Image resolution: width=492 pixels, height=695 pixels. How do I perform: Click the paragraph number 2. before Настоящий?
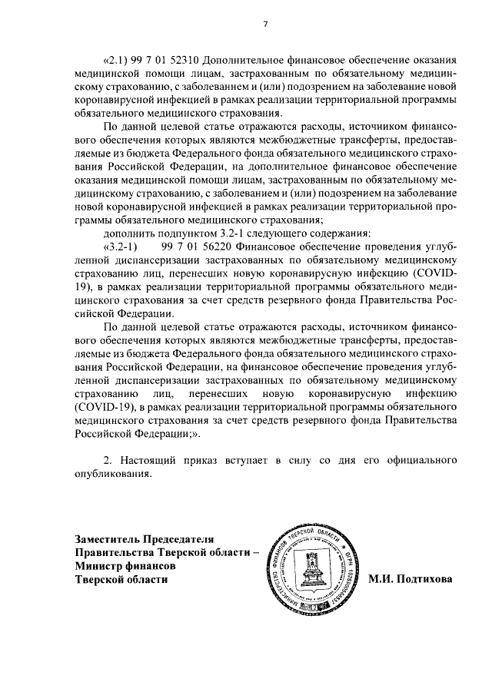[108, 460]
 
